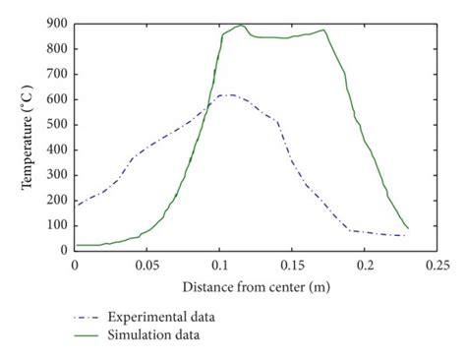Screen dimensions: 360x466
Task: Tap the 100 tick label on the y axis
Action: coord(55,225)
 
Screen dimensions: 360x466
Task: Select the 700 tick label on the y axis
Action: coord(55,74)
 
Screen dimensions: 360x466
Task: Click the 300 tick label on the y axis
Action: coord(55,175)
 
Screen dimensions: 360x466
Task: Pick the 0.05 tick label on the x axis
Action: coord(146,266)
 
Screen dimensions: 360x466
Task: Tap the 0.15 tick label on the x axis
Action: coord(292,266)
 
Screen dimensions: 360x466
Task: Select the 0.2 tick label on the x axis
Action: coord(365,266)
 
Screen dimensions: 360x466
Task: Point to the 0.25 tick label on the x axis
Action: coord(437,266)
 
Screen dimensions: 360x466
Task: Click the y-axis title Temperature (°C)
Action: coord(29,136)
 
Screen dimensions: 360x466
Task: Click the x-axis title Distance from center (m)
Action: coord(256,287)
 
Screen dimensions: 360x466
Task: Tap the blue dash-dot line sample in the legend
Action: coord(94,318)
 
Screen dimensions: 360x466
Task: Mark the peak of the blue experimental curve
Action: coord(227,95)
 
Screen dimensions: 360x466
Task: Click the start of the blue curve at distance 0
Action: coord(75,205)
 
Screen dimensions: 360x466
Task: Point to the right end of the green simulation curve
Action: coord(408,228)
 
